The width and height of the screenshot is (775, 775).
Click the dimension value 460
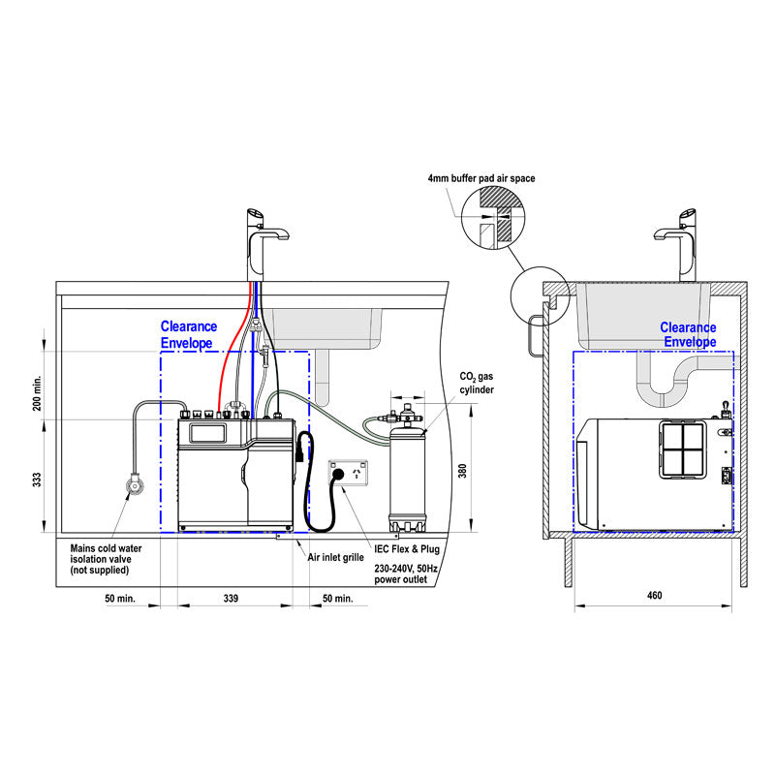(654, 595)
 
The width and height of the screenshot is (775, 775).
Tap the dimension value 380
(463, 471)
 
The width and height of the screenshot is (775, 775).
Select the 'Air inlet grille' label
(336, 559)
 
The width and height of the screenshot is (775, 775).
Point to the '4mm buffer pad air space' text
(480, 179)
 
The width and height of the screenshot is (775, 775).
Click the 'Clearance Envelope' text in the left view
(189, 335)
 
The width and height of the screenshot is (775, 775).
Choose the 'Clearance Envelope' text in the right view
(688, 335)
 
